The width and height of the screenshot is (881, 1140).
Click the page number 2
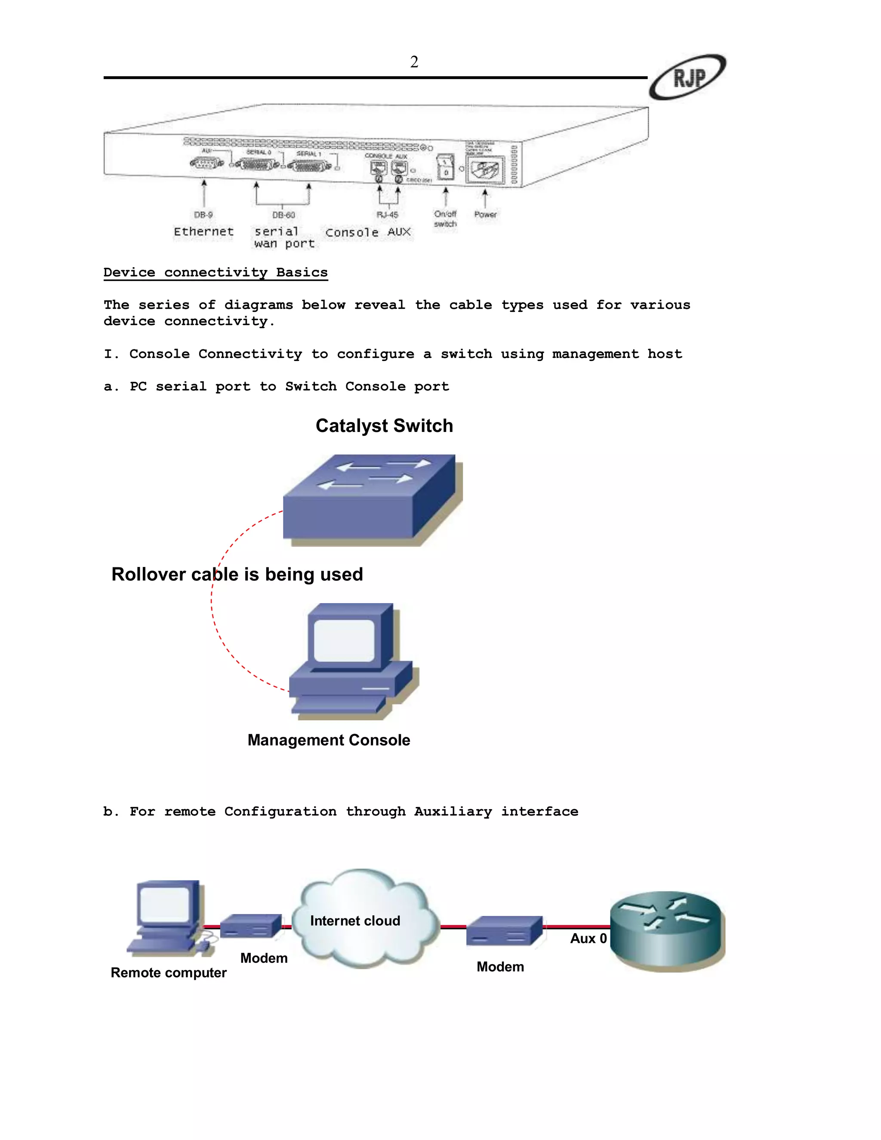[x=414, y=62]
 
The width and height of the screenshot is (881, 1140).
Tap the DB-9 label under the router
[x=203, y=215]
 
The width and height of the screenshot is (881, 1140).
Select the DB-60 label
[x=283, y=215]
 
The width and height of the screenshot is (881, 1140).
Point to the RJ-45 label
[x=387, y=215]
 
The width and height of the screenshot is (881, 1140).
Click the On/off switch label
[x=445, y=219]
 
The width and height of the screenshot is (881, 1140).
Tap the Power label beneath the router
[x=485, y=214]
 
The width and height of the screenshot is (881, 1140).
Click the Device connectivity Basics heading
[x=216, y=272]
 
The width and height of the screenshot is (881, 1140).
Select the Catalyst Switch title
[x=384, y=426]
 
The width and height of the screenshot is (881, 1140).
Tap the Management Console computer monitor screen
[x=345, y=641]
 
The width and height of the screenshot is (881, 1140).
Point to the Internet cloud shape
[x=365, y=919]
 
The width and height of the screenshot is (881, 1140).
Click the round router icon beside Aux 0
[x=668, y=930]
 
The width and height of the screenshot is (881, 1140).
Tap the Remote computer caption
[x=169, y=973]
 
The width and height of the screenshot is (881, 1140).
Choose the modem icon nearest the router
[x=504, y=930]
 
